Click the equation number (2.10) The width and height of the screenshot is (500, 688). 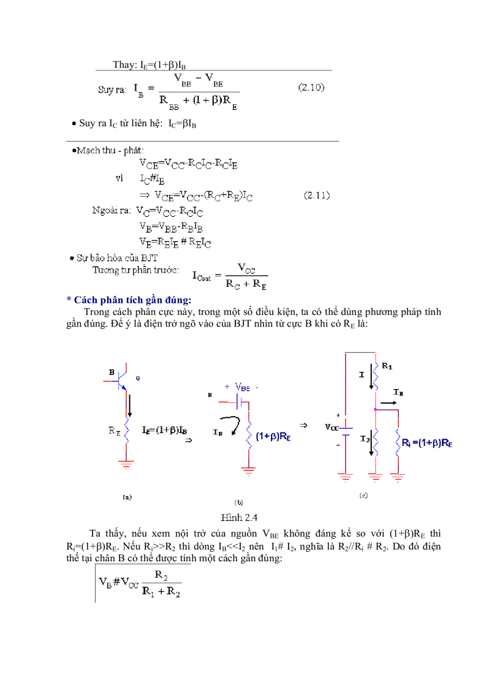coord(311,88)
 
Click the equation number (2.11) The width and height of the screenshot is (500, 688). coord(317,195)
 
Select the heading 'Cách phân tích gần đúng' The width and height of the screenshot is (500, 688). coord(129,300)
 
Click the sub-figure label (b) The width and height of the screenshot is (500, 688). coord(239,502)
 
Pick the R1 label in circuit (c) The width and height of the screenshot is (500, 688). coord(387,366)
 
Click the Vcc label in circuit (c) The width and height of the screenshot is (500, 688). coord(331,427)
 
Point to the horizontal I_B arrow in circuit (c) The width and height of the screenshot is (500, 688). coord(387,404)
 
